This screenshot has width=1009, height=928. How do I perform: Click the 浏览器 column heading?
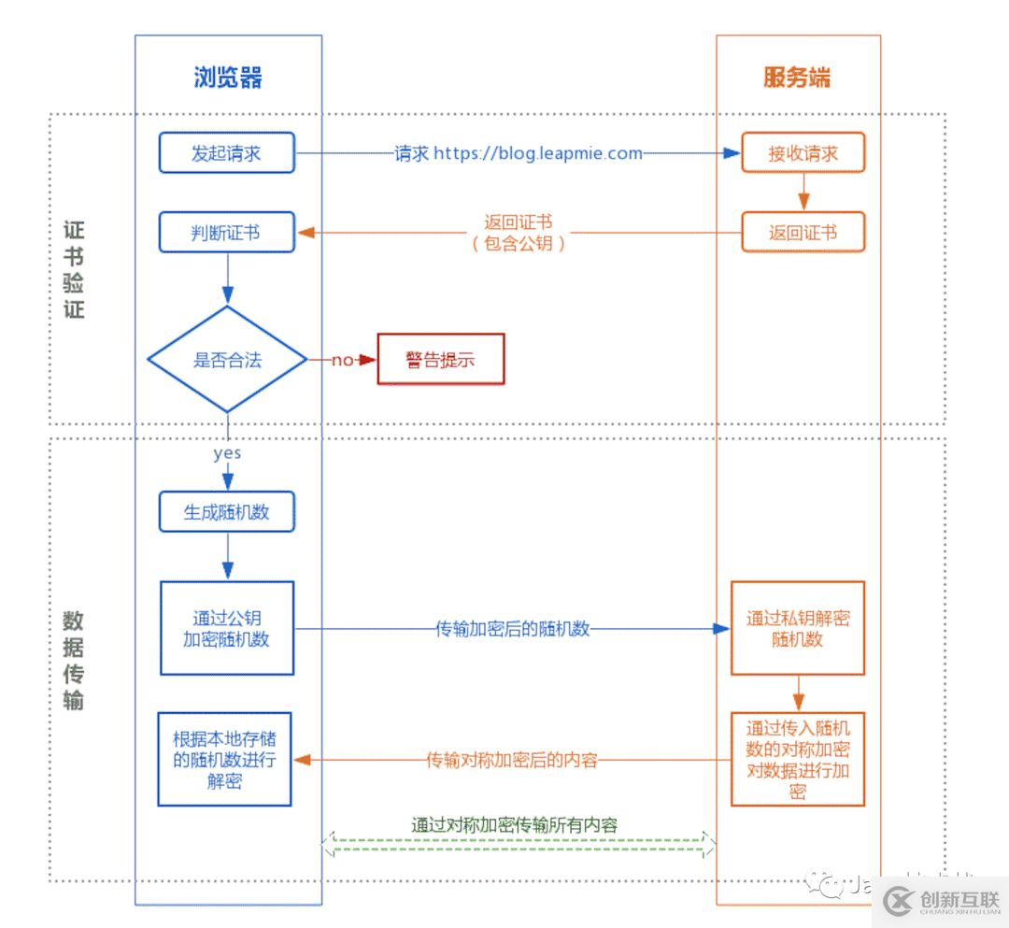pos(228,77)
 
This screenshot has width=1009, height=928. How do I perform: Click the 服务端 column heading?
pos(797,77)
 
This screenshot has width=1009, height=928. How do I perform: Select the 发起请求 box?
pos(227,153)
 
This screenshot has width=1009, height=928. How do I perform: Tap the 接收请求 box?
pos(803,153)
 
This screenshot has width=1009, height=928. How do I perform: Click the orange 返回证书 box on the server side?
pos(803,233)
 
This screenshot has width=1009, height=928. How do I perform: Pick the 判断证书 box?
pos(227,233)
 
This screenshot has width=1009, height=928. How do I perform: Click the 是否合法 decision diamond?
pos(227,359)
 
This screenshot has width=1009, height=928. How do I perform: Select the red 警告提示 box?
pos(440,359)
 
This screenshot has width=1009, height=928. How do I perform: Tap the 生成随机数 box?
pos(227,512)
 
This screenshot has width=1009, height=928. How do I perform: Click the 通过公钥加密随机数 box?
pos(227,628)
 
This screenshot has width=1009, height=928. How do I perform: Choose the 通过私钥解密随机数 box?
pos(798,628)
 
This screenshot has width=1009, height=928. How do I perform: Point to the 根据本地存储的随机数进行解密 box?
pos(225,759)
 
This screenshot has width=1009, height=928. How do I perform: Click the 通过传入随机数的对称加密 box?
pos(798,759)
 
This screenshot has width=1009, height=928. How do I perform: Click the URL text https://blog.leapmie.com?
pos(537,153)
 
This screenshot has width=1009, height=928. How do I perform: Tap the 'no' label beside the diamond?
pos(342,360)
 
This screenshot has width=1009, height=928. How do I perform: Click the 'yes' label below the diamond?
pos(227,453)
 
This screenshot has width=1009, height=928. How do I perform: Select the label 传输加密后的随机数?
pos(513,629)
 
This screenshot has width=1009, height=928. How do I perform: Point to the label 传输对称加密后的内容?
pos(512,760)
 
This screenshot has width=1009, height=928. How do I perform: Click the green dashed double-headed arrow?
pos(519,846)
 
